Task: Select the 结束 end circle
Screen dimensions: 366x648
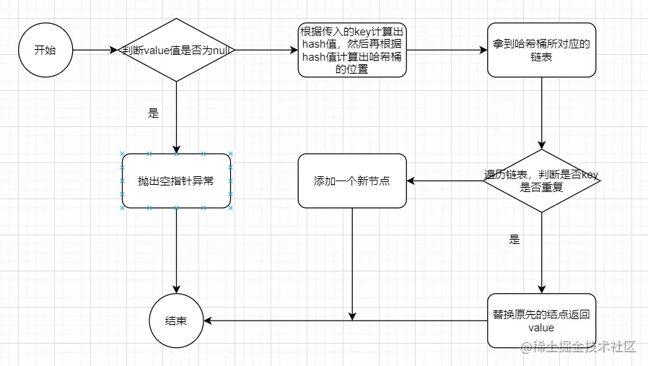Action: tap(176, 321)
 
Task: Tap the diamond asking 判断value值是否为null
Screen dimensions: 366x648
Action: tap(176, 51)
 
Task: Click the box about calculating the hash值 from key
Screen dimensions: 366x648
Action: tap(352, 51)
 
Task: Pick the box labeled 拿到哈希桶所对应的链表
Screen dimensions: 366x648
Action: tap(541, 51)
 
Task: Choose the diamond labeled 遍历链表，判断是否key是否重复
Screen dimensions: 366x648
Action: tap(541, 180)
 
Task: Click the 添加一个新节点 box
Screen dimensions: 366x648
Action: tap(352, 180)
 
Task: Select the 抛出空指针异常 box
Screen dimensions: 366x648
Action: tap(176, 180)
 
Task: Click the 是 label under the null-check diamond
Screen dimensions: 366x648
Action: tap(153, 113)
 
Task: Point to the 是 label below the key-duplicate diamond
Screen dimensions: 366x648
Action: tap(514, 240)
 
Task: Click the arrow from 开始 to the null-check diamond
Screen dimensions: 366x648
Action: tap(94, 51)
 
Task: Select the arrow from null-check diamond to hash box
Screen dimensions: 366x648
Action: tap(267, 51)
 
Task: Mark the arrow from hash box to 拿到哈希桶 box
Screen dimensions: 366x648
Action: tap(447, 51)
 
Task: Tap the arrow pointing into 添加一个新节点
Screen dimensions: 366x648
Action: tap(445, 180)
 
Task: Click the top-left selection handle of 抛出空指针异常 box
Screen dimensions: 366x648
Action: tap(122, 154)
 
